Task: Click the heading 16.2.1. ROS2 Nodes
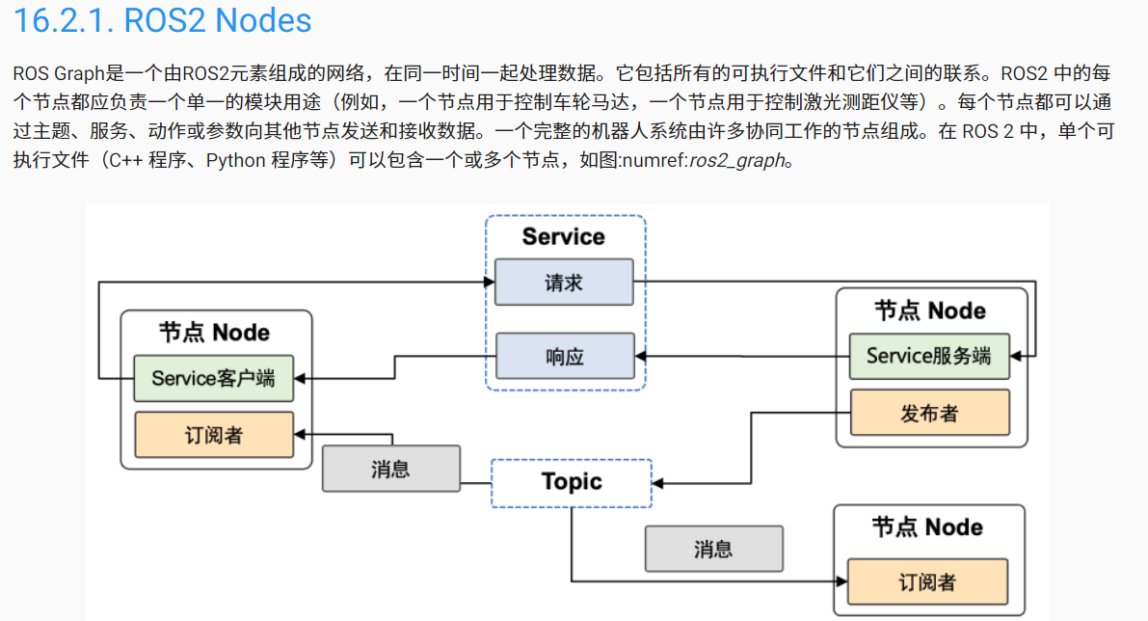[162, 21]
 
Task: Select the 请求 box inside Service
[564, 283]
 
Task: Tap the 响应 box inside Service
[564, 357]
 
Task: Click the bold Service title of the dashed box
[564, 236]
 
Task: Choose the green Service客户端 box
[213, 378]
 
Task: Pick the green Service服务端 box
[928, 356]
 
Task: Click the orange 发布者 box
[928, 413]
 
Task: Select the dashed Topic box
[572, 482]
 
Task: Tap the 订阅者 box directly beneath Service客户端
[213, 435]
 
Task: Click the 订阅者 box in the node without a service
[926, 582]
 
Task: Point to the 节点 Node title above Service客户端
[214, 333]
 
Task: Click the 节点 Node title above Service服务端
[929, 310]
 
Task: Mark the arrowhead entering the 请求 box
[489, 283]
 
